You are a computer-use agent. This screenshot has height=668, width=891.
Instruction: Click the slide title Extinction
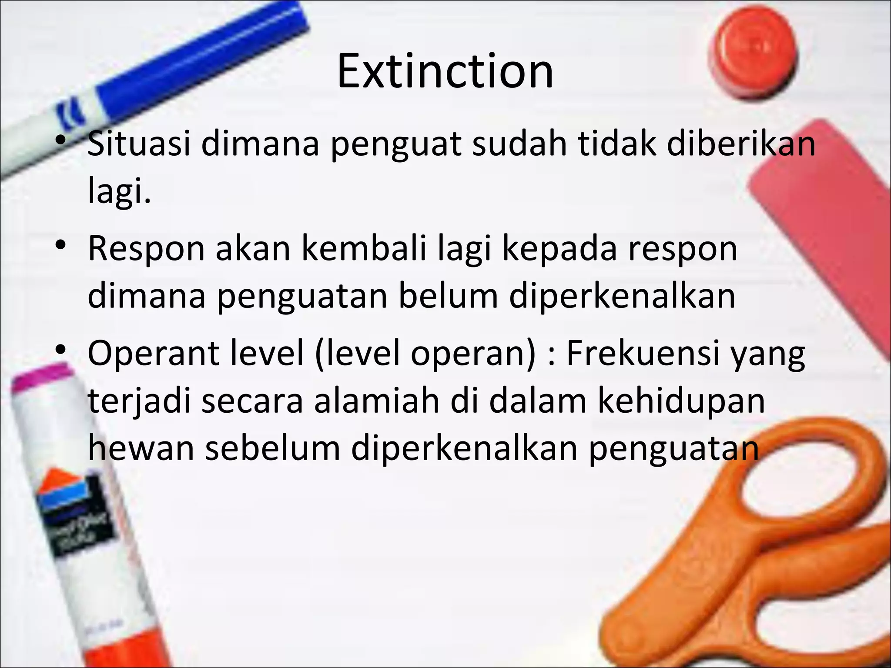[445, 70]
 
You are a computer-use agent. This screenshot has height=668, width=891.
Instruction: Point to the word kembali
[364, 249]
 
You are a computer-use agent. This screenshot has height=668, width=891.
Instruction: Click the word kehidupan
[681, 401]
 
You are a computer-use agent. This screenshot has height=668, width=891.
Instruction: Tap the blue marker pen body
[183, 65]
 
